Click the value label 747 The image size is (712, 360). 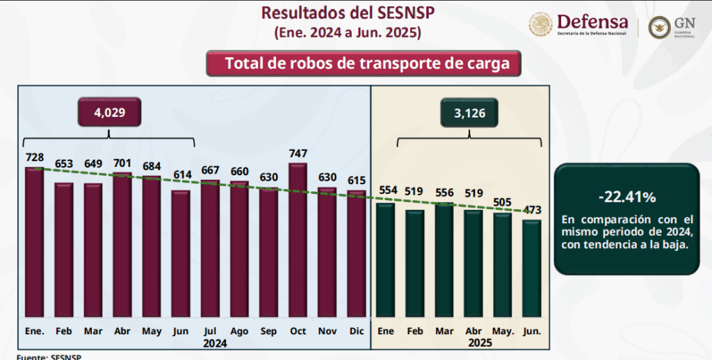(298, 154)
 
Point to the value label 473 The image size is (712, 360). (532, 210)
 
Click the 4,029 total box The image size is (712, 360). (109, 112)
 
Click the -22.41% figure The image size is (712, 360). (626, 197)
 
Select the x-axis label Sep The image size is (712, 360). (268, 331)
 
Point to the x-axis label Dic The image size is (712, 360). (356, 331)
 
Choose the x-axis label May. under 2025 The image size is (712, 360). (503, 331)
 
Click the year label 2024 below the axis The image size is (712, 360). (216, 343)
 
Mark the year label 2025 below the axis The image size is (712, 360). (480, 343)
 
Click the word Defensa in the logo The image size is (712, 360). (592, 22)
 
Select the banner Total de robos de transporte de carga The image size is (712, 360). (363, 64)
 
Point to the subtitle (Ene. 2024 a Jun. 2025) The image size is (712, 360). (348, 32)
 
